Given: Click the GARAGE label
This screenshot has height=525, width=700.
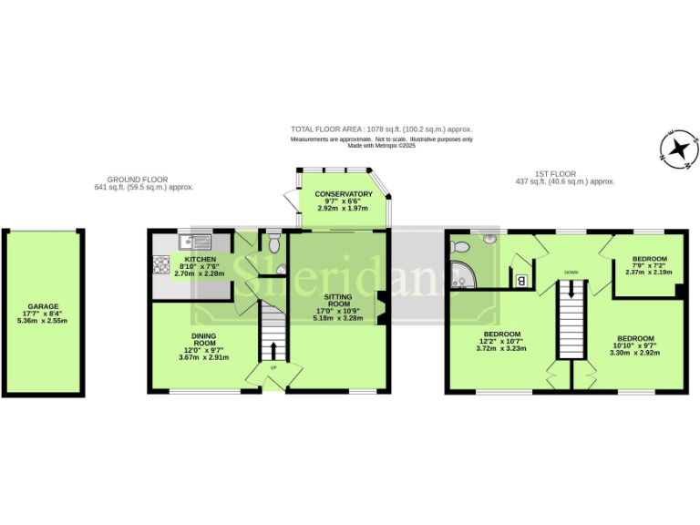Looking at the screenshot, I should click(43, 306).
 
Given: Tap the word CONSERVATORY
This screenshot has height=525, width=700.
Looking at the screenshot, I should click(344, 194).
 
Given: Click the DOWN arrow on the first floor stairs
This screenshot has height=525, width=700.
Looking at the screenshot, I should click(571, 291).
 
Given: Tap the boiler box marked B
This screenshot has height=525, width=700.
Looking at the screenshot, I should click(521, 280).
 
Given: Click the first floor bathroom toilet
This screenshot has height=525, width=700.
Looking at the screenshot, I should click(459, 246).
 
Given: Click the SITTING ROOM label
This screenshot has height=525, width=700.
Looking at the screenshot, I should click(337, 302).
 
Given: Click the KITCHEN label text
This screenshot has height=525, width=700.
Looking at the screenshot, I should click(200, 259).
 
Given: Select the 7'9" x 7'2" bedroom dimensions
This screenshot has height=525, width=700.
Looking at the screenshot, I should click(648, 272).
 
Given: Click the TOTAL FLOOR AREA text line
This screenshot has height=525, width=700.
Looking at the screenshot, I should click(381, 129).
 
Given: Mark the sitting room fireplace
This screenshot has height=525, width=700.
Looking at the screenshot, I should click(383, 308).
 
